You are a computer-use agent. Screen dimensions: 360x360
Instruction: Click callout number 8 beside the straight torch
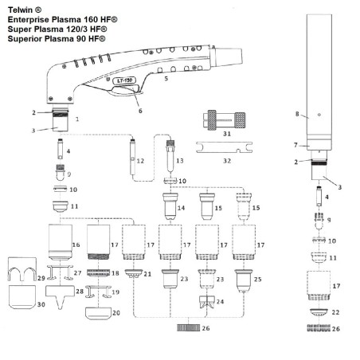tap(297, 115)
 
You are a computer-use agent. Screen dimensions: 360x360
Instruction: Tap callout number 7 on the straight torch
tap(297, 144)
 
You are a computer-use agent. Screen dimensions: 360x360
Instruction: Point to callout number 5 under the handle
tap(165, 80)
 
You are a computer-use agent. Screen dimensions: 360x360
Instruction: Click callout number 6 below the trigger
tap(141, 111)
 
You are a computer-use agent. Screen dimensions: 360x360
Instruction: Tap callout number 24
tap(221, 302)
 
